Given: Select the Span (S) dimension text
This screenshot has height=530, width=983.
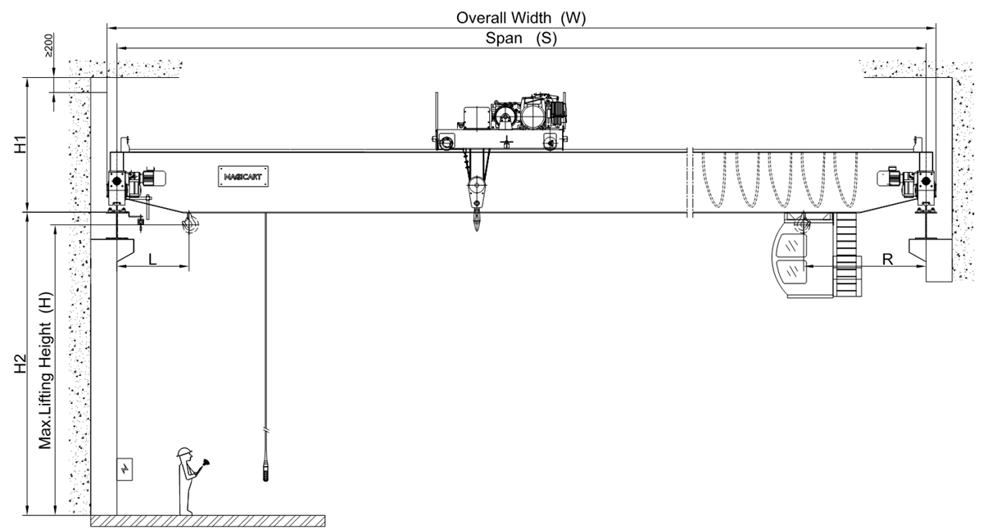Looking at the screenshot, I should tap(521, 39).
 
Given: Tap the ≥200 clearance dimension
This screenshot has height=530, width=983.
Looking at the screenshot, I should tap(49, 45).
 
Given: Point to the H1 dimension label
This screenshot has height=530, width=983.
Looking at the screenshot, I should tap(24, 143).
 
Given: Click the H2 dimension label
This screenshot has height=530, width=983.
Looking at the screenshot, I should tap(24, 365).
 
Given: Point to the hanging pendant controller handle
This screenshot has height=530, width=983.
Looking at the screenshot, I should tap(266, 471).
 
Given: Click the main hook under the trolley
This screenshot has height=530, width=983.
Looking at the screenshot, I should tap(477, 220).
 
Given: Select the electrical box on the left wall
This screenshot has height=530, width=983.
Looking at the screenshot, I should tap(125, 470).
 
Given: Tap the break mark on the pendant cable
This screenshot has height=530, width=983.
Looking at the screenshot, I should tap(266, 429).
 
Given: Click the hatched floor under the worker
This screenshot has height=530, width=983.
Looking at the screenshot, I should tap(209, 521).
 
